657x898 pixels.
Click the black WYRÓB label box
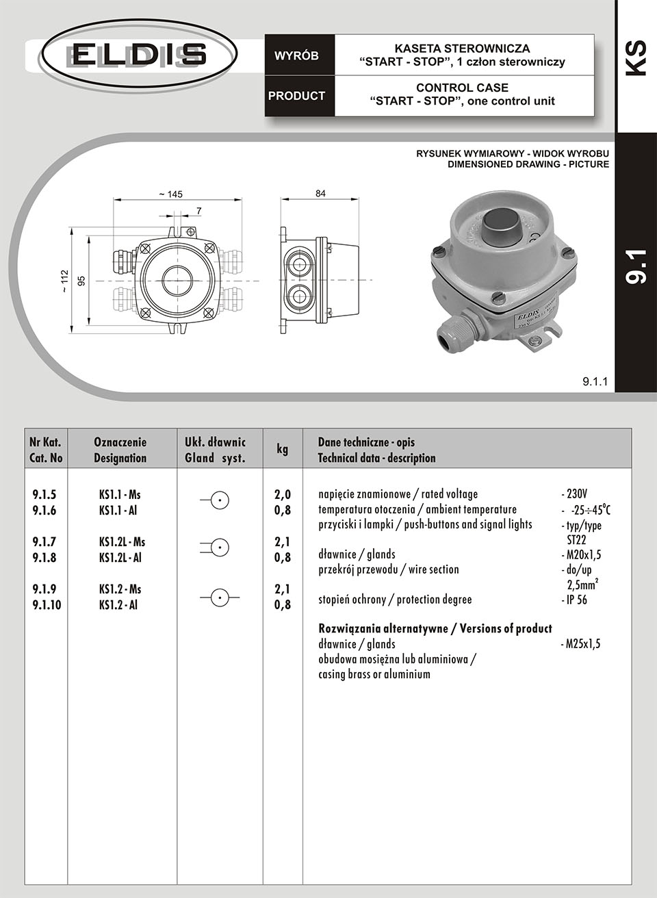point(297,56)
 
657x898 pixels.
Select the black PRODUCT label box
point(297,96)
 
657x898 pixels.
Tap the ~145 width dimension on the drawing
point(170,194)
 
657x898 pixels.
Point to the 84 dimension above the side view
point(320,194)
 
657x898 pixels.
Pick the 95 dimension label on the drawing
point(81,281)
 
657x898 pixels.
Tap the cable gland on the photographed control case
point(457,329)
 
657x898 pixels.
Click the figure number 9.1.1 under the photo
point(595,381)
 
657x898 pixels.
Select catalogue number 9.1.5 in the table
point(44,494)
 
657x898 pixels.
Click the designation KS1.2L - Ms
point(122,542)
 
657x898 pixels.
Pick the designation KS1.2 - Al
point(118,605)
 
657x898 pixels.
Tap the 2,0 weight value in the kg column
point(283,494)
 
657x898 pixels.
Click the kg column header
point(282,449)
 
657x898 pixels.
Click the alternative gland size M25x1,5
point(580,644)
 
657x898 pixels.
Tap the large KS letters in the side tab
point(636,58)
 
